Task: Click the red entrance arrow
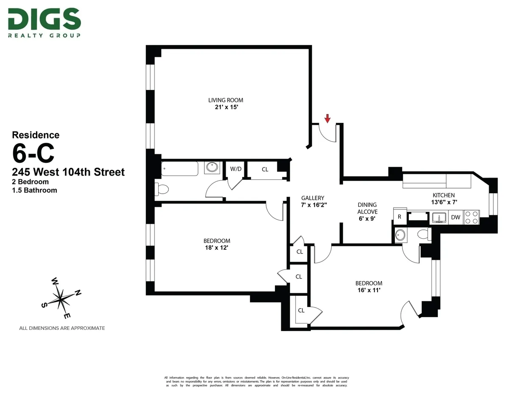tap(327, 118)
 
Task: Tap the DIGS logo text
tap(44, 20)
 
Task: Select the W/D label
tap(236, 169)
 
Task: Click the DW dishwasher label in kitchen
tap(456, 217)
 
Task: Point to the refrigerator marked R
tap(399, 216)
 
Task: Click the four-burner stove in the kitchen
tap(471, 217)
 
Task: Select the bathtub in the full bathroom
tap(180, 169)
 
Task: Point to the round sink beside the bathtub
tap(211, 167)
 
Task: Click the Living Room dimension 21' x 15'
tap(226, 107)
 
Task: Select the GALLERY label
tap(313, 198)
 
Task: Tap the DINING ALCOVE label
tap(367, 208)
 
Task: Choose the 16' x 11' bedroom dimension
tap(369, 290)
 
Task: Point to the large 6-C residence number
tap(34, 154)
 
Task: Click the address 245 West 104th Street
tap(68, 172)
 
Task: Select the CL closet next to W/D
tap(265, 170)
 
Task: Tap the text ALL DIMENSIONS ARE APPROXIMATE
tap(62, 328)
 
